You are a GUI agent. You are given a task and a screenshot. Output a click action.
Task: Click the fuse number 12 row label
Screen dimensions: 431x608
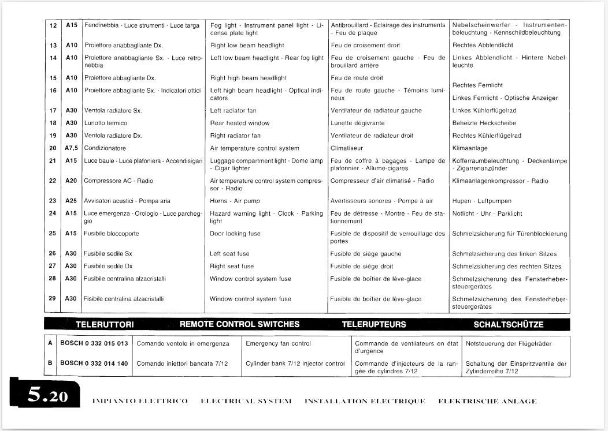tap(53, 25)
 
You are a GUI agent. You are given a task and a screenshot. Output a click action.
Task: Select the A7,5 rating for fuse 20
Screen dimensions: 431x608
tap(71, 148)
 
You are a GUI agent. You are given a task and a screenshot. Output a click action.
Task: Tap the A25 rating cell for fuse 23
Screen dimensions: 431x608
tap(71, 201)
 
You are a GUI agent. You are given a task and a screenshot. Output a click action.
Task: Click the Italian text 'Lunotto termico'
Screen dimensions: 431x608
tap(106, 123)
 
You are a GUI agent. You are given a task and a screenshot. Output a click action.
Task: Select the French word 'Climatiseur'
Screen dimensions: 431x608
tap(346, 148)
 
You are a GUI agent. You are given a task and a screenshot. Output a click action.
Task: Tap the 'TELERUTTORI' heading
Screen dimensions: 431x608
tap(105, 325)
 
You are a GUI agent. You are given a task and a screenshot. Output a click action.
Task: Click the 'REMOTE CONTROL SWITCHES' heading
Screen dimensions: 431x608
tap(240, 324)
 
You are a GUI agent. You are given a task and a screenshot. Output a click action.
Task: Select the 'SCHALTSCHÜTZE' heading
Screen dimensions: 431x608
tap(509, 325)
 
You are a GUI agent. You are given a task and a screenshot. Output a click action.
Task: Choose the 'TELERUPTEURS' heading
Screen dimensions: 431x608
tap(374, 325)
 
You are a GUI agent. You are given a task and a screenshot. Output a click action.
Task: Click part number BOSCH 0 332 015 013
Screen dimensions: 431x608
tap(94, 344)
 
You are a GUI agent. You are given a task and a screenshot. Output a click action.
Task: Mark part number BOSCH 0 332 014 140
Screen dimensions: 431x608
tap(94, 363)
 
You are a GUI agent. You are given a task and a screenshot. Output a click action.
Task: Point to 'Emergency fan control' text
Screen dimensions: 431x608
tap(278, 344)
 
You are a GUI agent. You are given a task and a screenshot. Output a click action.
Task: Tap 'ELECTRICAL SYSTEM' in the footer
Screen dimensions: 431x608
tap(245, 401)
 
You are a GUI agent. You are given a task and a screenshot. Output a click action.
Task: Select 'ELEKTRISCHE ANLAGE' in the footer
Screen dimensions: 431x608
tap(487, 401)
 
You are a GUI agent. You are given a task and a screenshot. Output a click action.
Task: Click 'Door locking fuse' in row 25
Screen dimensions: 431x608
tap(232, 234)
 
